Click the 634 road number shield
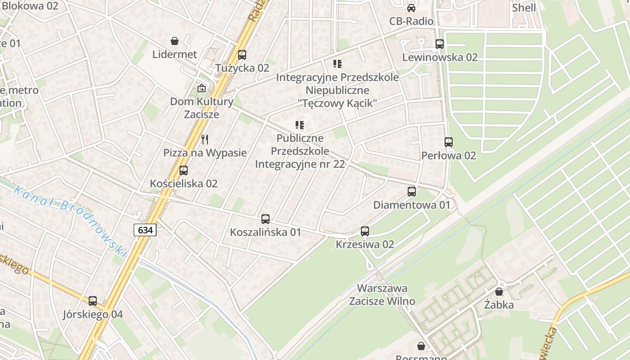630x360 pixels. (x=145, y=230)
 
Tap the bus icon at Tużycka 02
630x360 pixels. (x=242, y=55)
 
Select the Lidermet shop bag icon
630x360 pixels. (x=174, y=41)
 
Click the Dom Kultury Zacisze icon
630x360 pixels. (x=202, y=88)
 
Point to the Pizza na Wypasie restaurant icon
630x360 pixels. (x=205, y=139)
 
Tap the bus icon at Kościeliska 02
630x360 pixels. (x=184, y=171)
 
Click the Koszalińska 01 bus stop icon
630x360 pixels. (x=265, y=219)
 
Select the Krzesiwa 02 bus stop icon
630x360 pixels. (x=365, y=231)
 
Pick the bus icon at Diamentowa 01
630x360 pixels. (x=412, y=192)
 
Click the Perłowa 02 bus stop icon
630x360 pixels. (x=449, y=142)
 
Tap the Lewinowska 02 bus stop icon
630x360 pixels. (x=440, y=44)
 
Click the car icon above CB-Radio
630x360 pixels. (x=411, y=8)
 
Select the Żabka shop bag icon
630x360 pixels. (x=499, y=292)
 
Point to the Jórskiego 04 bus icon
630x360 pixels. (x=93, y=301)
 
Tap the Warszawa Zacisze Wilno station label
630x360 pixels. (x=382, y=294)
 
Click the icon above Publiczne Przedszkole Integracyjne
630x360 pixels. (x=300, y=125)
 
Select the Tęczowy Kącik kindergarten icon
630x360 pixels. (x=337, y=64)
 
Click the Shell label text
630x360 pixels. (x=524, y=8)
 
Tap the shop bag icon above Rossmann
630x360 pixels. (x=421, y=346)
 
